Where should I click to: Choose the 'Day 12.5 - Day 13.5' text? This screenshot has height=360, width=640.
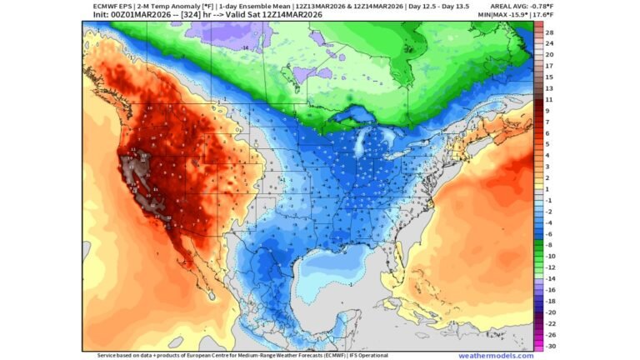[x=438, y=5]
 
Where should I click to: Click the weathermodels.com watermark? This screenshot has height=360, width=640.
[x=495, y=356]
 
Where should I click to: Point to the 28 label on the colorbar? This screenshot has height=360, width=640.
[x=550, y=32]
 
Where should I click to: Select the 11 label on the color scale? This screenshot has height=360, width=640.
[x=550, y=99]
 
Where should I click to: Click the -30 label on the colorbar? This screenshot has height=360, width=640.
[x=550, y=345]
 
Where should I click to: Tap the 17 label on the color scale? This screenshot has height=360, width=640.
[x=550, y=66]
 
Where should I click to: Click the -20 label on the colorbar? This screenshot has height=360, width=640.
[x=550, y=312]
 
